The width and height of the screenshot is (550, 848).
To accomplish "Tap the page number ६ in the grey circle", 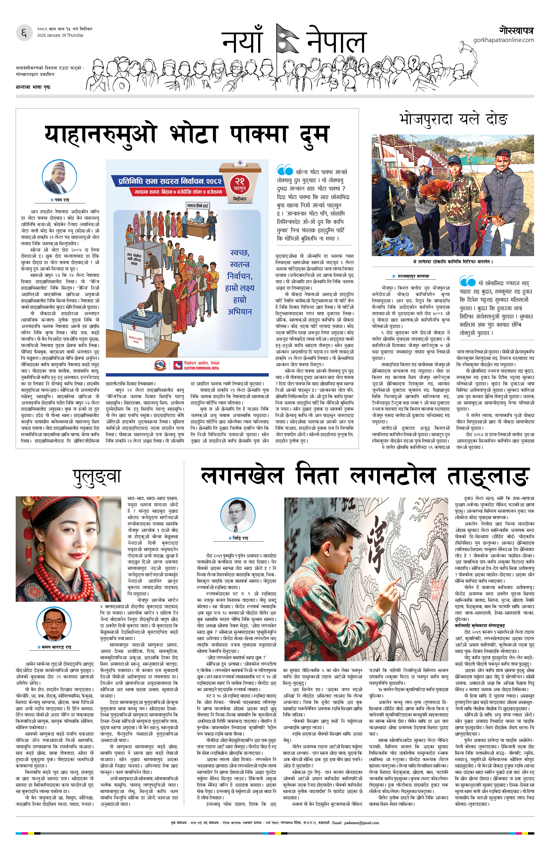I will point(24,33).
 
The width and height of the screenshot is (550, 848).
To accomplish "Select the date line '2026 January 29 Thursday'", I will point(60,35).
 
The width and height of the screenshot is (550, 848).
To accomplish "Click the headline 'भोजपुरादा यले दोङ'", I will point(453,119).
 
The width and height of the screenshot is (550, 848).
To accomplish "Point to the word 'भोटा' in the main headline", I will point(193,135).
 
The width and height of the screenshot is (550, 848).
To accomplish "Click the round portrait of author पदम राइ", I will point(59,177).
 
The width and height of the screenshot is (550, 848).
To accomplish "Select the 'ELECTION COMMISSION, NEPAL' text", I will point(201,368).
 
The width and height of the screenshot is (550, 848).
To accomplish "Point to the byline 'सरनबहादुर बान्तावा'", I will point(413,276).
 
